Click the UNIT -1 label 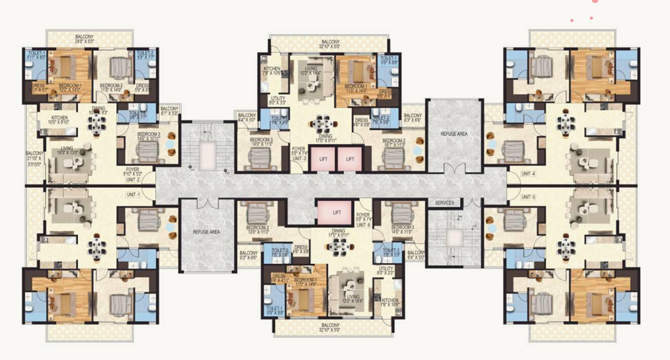[133, 194]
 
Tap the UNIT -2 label [133, 180]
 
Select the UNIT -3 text [299, 159]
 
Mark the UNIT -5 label [530, 197]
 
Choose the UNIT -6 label [363, 225]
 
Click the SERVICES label [445, 203]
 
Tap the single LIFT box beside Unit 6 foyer [336, 212]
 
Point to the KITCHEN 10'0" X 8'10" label [60, 120]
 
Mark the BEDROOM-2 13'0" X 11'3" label [257, 229]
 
